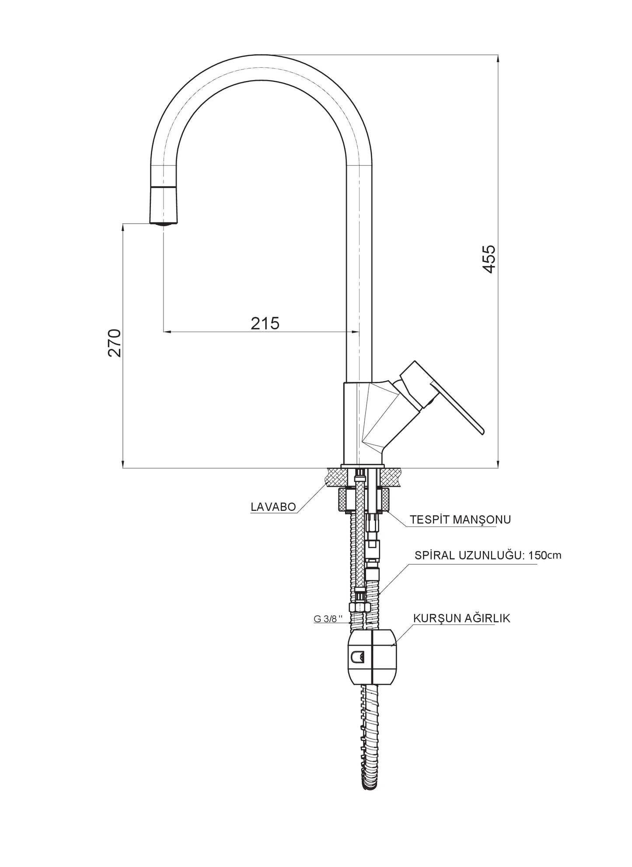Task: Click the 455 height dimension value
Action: pyautogui.click(x=489, y=259)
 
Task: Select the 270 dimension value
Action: pyautogui.click(x=115, y=343)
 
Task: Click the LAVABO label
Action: pyautogui.click(x=273, y=507)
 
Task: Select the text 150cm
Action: pyautogui.click(x=545, y=556)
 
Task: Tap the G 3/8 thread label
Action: pyautogui.click(x=325, y=619)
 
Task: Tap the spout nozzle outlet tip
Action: pyautogui.click(x=164, y=224)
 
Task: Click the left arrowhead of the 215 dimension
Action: pyautogui.click(x=167, y=332)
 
